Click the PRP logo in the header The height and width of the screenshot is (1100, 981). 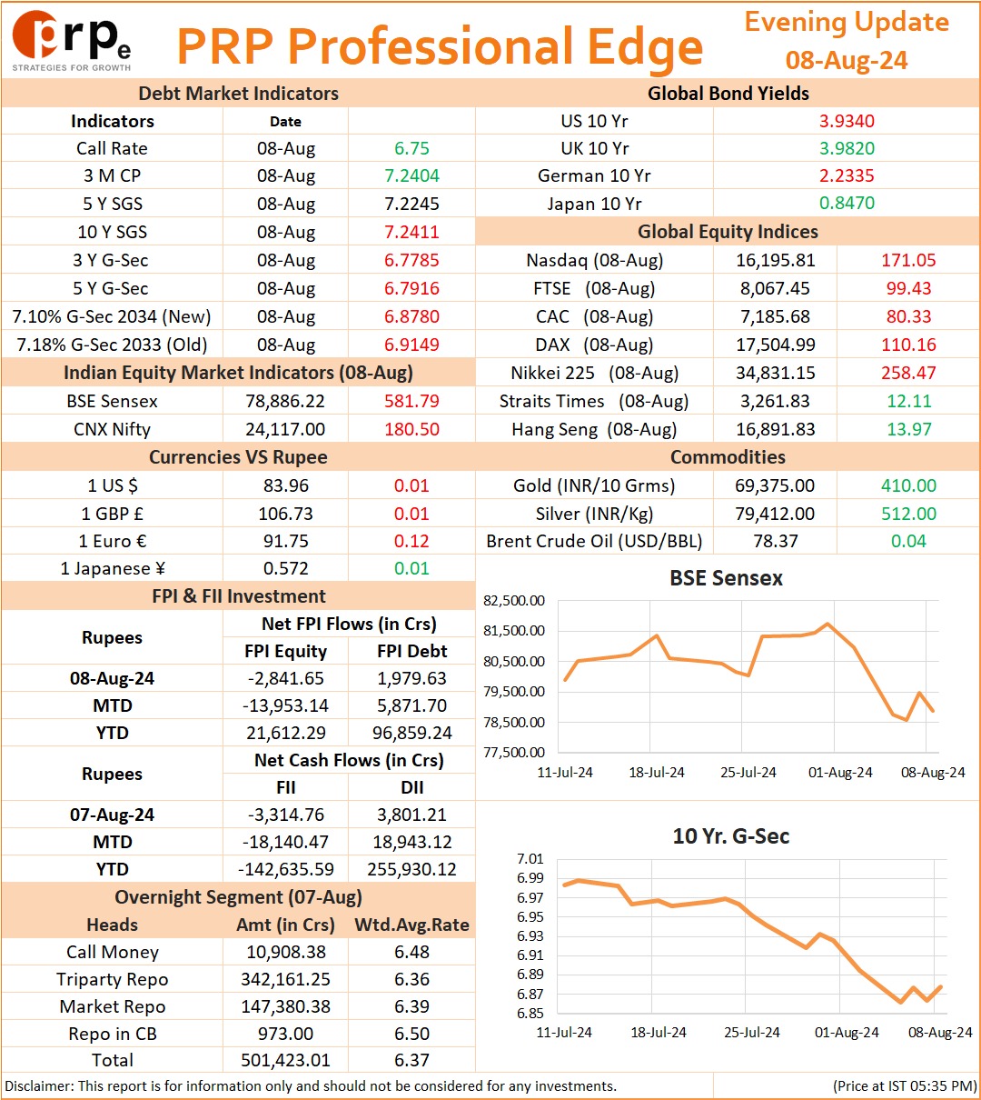tap(72, 41)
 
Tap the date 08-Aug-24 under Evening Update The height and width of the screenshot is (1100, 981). tap(847, 60)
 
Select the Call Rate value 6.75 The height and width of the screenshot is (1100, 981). tap(411, 148)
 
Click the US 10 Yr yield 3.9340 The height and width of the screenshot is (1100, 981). tap(847, 121)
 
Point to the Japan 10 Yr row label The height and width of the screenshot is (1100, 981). tap(594, 204)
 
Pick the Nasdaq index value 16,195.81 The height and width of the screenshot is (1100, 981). tap(776, 260)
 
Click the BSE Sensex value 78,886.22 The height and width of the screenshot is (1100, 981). tap(285, 401)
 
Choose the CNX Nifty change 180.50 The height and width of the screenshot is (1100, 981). tap(411, 429)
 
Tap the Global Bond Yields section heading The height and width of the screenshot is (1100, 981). tap(728, 94)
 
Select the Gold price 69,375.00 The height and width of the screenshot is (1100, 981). tap(775, 485)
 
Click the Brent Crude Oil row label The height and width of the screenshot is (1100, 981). tap(594, 541)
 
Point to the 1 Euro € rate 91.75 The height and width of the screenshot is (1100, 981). tap(286, 541)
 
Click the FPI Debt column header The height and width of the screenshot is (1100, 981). tap(411, 651)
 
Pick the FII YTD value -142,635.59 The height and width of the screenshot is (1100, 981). tap(286, 869)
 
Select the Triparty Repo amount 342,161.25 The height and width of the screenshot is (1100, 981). tap(286, 979)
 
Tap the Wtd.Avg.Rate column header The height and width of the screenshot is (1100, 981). tap(411, 925)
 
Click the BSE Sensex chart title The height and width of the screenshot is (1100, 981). tap(726, 578)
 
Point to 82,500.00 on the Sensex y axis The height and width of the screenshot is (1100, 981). tap(514, 601)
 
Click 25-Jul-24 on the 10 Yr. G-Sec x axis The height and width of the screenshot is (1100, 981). tap(751, 1032)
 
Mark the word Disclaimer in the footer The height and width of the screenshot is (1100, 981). tap(38, 1085)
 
